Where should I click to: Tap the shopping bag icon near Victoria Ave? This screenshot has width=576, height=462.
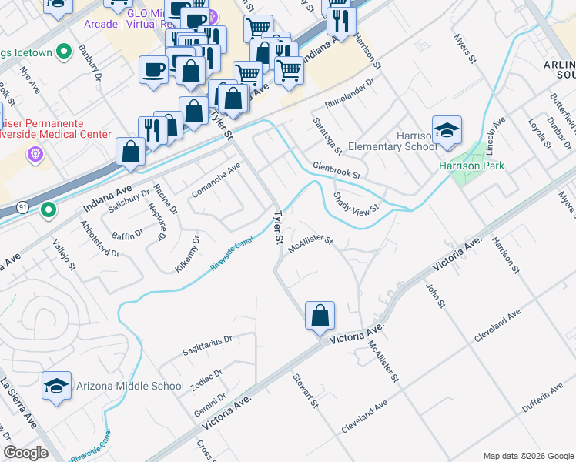click(x=320, y=316)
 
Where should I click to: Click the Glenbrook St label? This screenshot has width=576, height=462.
click(x=337, y=170)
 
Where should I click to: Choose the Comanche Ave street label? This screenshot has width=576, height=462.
click(x=216, y=179)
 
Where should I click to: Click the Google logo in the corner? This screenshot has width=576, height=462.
click(x=26, y=453)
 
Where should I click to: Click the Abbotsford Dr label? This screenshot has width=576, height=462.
click(x=99, y=240)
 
